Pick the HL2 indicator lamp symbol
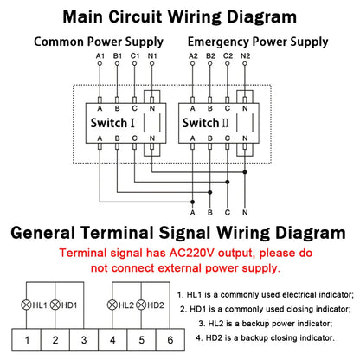(112, 305)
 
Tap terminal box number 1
(29, 339)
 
